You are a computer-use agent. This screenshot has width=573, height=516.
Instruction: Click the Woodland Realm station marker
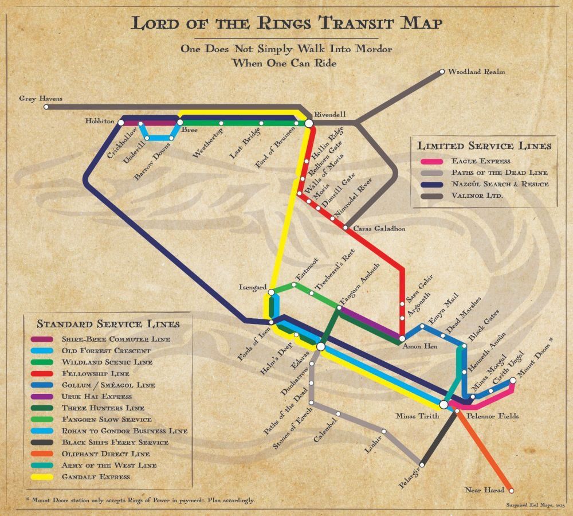442,72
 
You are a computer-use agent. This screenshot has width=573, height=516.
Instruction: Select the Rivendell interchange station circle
309,123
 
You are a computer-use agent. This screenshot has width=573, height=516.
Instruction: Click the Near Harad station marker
511,490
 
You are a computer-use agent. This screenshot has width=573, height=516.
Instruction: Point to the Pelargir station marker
422,464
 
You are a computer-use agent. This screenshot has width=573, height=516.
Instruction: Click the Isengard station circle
272,292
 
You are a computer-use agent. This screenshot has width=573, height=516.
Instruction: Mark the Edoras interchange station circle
321,346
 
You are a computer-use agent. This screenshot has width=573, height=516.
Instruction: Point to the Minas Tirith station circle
444,404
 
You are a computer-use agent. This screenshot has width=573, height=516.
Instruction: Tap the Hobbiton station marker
121,122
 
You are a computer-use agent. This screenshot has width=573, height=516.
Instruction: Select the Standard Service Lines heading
108,324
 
